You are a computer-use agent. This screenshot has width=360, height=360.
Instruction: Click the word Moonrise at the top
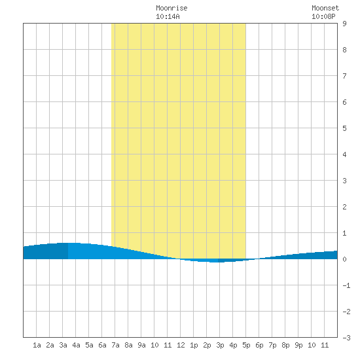(x=171, y=8)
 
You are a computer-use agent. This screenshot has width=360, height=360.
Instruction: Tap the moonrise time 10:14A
(x=168, y=16)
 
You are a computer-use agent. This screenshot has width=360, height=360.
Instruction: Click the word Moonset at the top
(x=325, y=8)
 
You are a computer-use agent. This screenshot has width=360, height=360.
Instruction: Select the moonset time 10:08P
(x=323, y=16)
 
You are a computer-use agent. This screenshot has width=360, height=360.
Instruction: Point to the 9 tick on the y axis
(x=344, y=24)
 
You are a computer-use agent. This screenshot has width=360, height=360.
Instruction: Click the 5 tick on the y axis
(x=344, y=128)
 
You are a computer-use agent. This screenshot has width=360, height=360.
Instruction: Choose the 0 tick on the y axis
(x=344, y=259)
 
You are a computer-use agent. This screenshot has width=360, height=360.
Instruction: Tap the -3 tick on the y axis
(x=346, y=338)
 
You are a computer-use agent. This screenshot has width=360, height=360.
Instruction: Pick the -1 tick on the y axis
(x=346, y=285)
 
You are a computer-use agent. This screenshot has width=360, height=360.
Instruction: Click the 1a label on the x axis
(x=37, y=345)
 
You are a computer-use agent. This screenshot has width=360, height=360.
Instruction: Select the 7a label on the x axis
(x=115, y=345)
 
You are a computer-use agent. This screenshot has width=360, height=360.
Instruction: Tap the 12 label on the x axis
(x=181, y=345)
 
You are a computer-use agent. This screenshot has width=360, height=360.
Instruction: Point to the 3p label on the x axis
(x=220, y=345)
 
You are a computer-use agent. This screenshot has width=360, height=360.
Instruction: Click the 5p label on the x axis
(x=246, y=345)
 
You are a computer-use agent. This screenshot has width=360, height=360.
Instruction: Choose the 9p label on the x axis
(x=298, y=345)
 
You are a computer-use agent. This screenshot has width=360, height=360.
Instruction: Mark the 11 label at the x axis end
(x=325, y=345)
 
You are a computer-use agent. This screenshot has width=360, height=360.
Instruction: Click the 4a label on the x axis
(x=76, y=345)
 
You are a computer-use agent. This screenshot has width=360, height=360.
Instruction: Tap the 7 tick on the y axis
(x=344, y=76)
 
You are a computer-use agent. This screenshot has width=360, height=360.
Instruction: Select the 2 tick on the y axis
(x=344, y=207)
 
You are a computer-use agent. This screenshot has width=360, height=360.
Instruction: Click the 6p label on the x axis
(x=259, y=345)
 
